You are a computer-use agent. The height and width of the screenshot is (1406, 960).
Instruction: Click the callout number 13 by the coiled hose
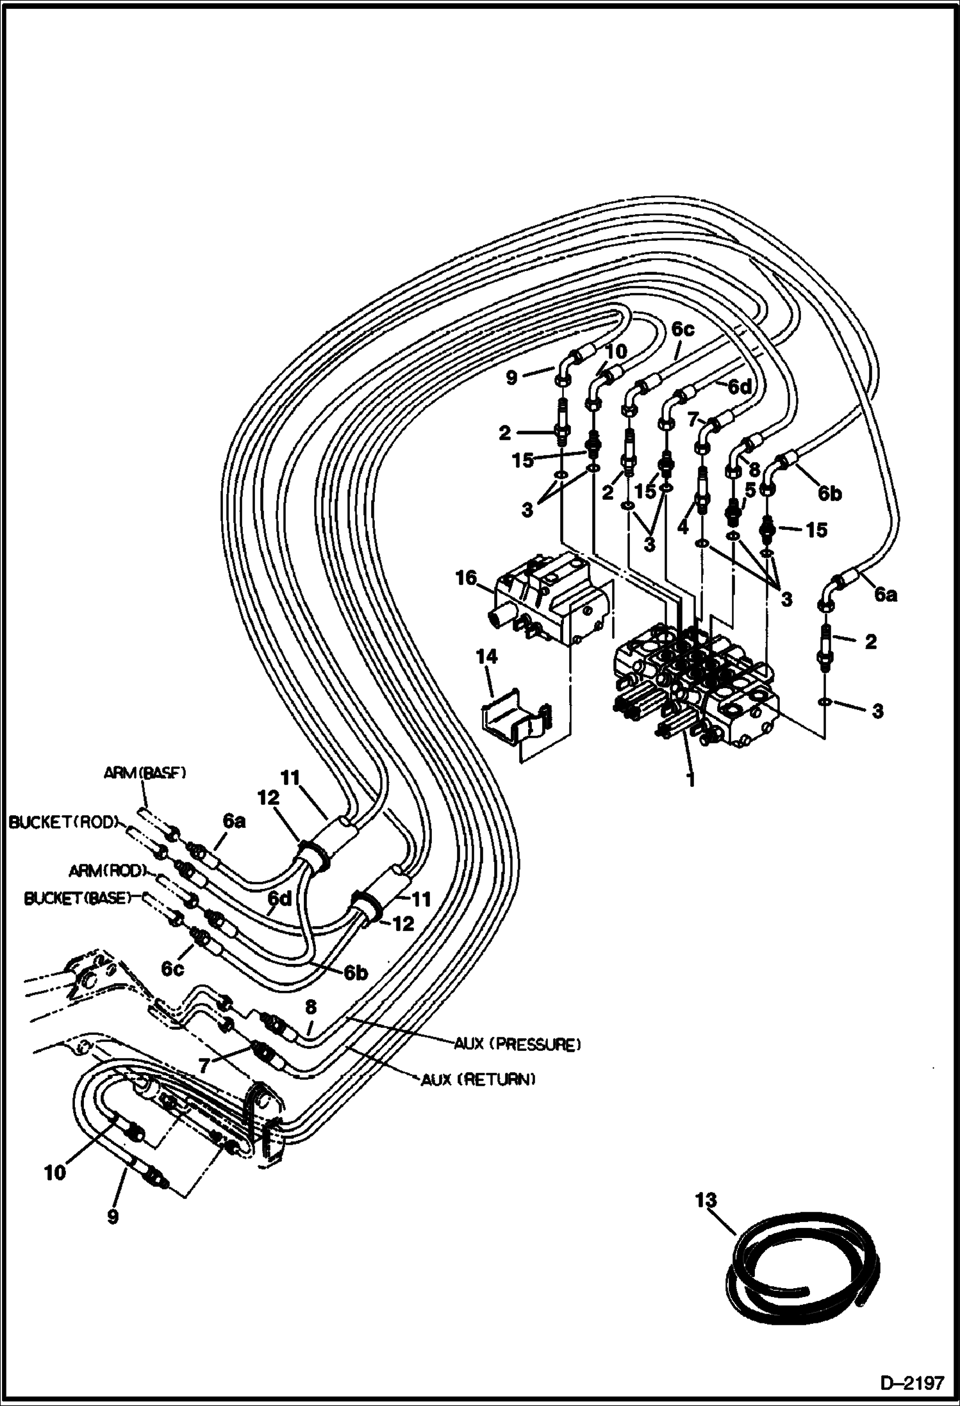point(706,1200)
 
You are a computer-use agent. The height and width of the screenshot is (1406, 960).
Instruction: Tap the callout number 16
point(466,578)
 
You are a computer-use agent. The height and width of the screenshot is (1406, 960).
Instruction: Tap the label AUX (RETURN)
point(477,1080)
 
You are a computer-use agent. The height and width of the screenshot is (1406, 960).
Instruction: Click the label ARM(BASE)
point(145,773)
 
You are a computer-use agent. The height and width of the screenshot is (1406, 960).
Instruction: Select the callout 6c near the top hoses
point(683,330)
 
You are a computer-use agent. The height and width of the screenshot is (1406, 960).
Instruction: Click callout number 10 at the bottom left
point(55,1173)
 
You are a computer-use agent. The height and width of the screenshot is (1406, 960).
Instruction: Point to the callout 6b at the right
point(829,493)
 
